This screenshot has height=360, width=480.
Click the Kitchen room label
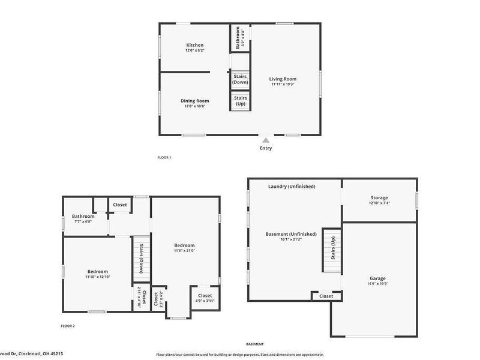194,45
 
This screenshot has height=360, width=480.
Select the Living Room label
283,79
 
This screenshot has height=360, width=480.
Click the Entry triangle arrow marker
266,140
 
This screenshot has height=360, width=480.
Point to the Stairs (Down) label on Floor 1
241,79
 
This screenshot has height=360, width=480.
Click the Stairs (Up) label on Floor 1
241,100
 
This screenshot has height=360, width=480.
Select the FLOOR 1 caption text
164,157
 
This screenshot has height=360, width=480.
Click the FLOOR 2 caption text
68,326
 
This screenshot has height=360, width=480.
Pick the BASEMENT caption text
254,344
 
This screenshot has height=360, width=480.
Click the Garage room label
377,278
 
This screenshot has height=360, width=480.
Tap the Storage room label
379,197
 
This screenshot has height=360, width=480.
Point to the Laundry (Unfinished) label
292,186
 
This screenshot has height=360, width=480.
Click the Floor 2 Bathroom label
83,216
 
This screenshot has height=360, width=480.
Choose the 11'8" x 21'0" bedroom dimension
184,251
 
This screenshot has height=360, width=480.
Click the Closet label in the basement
326,296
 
